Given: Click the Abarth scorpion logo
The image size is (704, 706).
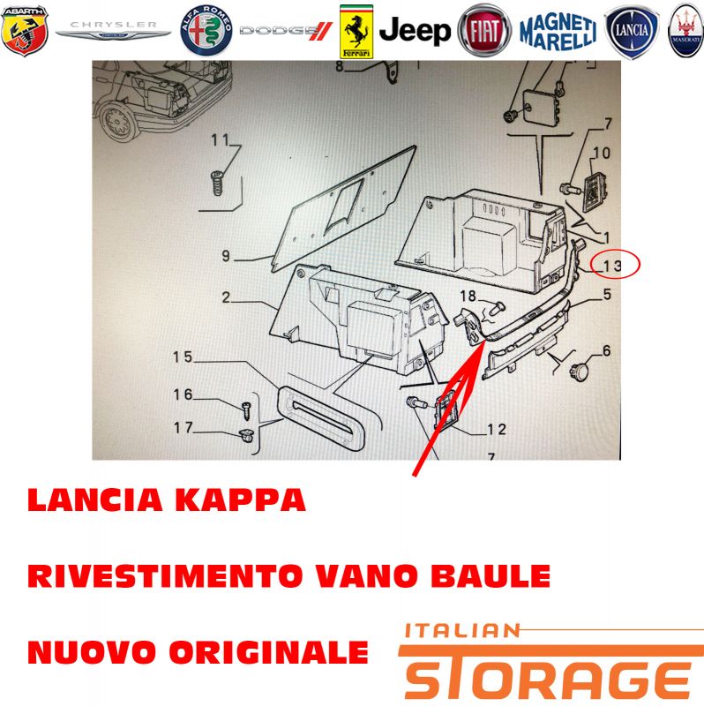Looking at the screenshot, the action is coord(25,31).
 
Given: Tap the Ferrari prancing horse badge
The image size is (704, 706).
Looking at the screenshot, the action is coord(356,32).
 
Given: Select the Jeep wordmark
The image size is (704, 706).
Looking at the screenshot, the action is coord(415,31).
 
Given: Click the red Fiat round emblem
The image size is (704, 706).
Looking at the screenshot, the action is coord(484,31).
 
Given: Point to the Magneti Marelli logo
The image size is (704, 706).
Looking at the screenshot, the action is coord(558,31).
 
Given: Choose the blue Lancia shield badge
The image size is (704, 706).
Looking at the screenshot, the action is coord(632,32).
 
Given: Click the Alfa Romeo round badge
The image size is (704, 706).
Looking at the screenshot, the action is coord(206,31).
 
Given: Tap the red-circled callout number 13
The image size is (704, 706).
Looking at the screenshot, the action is coord(612,266).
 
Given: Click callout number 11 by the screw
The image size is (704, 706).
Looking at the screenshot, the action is coord(221,140).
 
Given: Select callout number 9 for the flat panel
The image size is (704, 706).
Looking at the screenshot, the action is coord(226,256).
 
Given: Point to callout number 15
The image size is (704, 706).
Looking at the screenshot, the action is coord(183,357).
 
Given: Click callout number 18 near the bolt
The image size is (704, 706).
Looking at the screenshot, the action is coord(468,296).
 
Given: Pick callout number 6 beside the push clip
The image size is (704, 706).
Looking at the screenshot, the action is coord(606,350).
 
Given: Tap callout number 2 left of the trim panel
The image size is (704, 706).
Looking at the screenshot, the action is coord(226,297).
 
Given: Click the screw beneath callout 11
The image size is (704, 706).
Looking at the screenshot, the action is coord(218,183).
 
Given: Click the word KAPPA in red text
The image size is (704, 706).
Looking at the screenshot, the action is coord(241,500).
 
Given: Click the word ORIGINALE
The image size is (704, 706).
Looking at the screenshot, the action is coord(269,652).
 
